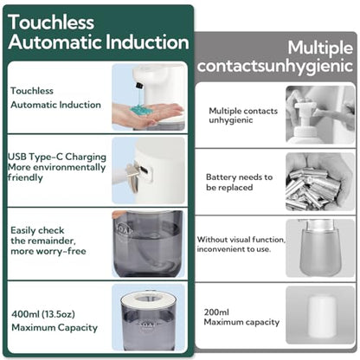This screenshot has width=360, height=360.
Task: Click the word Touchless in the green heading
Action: pyautogui.click(x=51, y=22)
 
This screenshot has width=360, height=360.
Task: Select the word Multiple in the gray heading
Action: pyautogui.click(x=320, y=48)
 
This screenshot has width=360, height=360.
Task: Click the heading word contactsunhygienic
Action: pyautogui.click(x=275, y=66)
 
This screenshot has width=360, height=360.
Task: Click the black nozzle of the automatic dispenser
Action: pyautogui.click(x=140, y=86)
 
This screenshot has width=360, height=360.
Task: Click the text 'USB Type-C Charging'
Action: pyautogui.click(x=57, y=157)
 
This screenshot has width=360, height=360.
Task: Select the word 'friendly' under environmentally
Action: pyautogui.click(x=25, y=177)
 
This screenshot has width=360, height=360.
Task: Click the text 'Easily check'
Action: pyautogui.click(x=37, y=230)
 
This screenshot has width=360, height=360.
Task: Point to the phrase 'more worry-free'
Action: pyautogui.click(x=48, y=251)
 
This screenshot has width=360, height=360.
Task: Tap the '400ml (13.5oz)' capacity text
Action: pyautogui.click(x=43, y=314)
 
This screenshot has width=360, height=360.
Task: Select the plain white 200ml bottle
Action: pyautogui.click(x=321, y=317)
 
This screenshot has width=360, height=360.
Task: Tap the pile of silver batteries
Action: pyautogui.click(x=313, y=188)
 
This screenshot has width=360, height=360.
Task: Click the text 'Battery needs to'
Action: pyautogui.click(x=239, y=177)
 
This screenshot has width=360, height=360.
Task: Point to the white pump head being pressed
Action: pyautogui.click(x=304, y=107)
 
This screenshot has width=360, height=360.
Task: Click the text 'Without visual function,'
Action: pyautogui.click(x=241, y=240)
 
